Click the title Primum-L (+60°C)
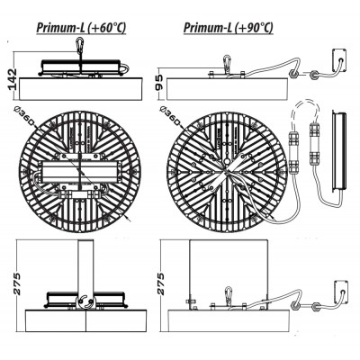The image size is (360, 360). [x=81, y=28]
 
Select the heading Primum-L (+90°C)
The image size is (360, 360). [x=229, y=28]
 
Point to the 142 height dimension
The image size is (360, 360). [x=12, y=79]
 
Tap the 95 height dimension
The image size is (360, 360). [x=159, y=83]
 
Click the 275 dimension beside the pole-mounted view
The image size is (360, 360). [x=15, y=283]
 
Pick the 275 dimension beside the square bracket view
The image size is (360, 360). [x=162, y=283]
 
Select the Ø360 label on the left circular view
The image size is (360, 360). [x=25, y=116]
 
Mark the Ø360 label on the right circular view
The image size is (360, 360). [x=171, y=116]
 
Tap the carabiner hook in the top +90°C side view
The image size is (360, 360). [x=228, y=64]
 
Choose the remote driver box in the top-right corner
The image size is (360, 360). [x=339, y=60]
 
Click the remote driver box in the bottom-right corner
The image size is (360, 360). [x=339, y=292]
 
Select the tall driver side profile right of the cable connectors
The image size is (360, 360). [x=338, y=150]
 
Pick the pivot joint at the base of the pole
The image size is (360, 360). [x=85, y=301]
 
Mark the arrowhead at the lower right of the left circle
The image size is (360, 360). [x=130, y=219]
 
